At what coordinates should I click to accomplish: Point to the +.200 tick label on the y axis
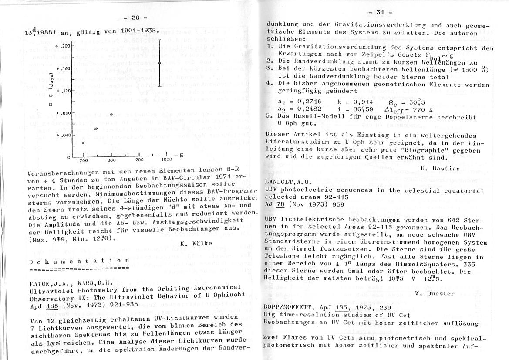63,46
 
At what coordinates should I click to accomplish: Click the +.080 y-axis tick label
63,113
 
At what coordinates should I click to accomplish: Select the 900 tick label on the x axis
139,160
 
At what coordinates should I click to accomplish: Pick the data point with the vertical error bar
160,63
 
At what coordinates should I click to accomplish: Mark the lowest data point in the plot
83,143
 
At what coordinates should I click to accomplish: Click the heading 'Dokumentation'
79,260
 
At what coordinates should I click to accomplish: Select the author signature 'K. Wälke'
196,243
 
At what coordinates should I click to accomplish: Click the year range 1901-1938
135,31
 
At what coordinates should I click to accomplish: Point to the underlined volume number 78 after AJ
280,204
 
